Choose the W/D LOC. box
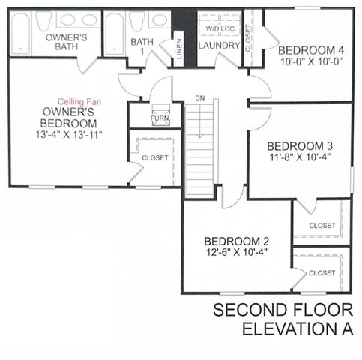219,28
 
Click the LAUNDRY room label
219,46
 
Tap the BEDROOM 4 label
308,50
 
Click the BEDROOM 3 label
299,145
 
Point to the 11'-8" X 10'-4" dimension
299,158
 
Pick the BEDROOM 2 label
236,241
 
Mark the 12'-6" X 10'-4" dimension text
236,253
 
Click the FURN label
160,118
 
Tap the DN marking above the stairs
199,98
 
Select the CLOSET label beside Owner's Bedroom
155,158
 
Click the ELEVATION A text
298,330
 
